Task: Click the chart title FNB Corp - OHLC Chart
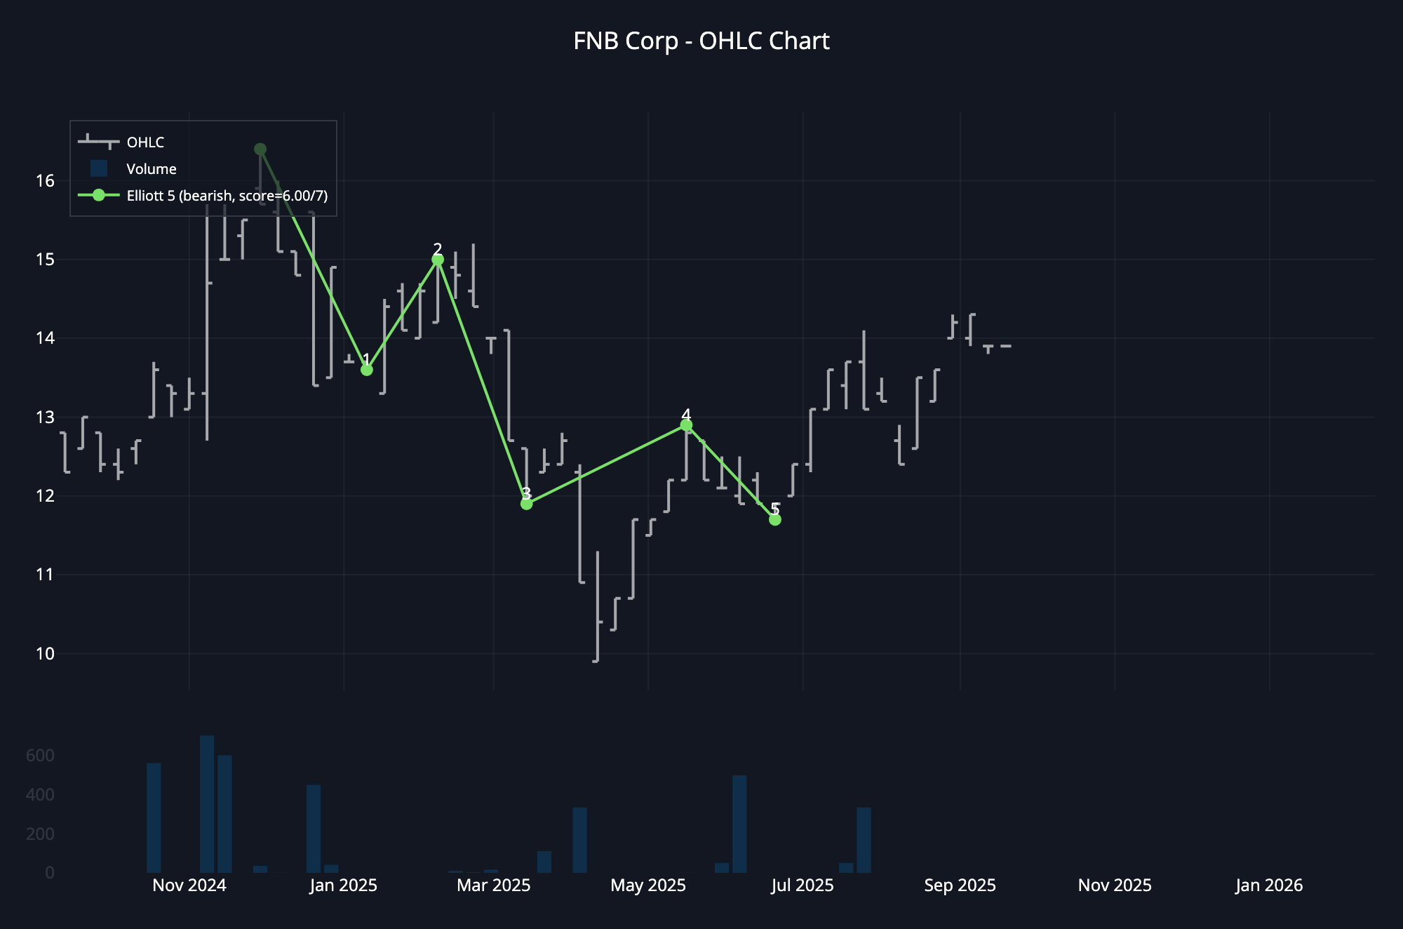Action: click(x=701, y=41)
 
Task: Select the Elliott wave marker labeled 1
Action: click(x=366, y=370)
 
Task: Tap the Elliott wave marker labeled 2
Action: click(x=438, y=260)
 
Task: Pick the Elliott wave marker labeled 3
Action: click(x=526, y=504)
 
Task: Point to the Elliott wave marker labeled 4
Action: click(x=686, y=425)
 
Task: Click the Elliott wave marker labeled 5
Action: click(x=774, y=519)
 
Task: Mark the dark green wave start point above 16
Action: click(x=260, y=149)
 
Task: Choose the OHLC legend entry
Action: click(x=145, y=142)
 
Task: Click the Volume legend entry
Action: click(x=151, y=169)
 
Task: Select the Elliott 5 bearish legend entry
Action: click(x=227, y=196)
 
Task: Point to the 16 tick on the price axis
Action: click(x=45, y=181)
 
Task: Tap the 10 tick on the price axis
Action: click(x=45, y=654)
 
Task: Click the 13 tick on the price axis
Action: click(x=45, y=417)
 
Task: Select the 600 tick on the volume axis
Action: click(x=40, y=756)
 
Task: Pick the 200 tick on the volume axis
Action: click(x=40, y=834)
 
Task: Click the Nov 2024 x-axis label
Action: click(x=189, y=885)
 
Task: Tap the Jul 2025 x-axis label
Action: click(x=803, y=885)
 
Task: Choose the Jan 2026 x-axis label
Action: click(x=1269, y=885)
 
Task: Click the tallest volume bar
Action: click(x=207, y=804)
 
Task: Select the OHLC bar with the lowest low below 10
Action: click(x=597, y=607)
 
